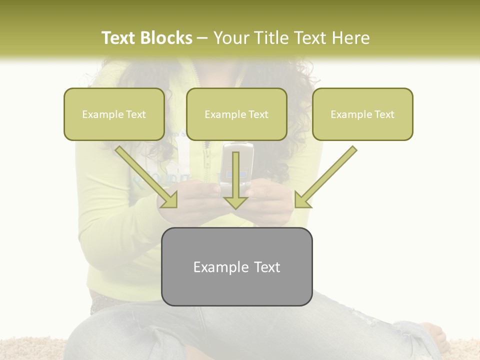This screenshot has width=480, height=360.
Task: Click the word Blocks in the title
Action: [x=167, y=38]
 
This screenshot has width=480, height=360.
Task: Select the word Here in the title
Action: [x=350, y=38]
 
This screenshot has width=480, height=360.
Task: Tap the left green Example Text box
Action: [x=114, y=114]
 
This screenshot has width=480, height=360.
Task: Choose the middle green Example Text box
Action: [x=236, y=114]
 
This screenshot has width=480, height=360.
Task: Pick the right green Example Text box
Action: [x=362, y=114]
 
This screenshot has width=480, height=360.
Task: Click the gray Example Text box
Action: [x=236, y=267]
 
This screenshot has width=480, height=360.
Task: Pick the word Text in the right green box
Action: [x=384, y=114]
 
